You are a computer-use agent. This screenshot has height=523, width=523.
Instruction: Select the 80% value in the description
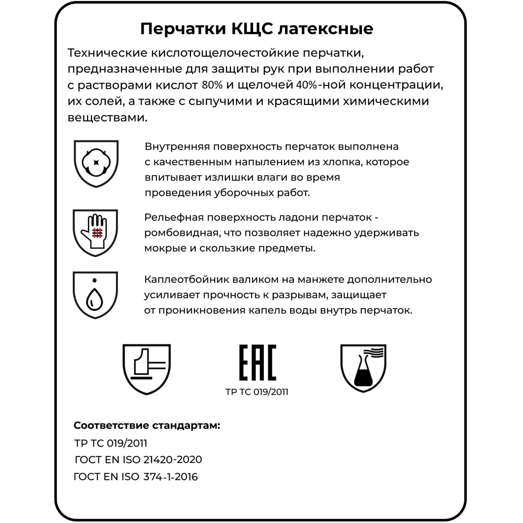(212, 85)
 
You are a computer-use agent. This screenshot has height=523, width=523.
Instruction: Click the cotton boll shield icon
(96, 163)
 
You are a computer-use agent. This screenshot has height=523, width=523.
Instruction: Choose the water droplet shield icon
(95, 295)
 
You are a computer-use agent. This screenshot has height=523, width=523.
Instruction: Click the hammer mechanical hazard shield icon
(147, 369)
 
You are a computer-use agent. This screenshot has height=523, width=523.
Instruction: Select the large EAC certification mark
(257, 363)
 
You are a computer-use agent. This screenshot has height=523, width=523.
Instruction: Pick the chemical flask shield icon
(363, 368)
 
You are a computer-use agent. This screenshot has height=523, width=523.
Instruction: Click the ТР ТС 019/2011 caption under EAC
(257, 392)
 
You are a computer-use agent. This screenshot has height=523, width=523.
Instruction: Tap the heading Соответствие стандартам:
(147, 425)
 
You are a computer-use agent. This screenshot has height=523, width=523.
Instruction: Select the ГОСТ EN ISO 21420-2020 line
(138, 460)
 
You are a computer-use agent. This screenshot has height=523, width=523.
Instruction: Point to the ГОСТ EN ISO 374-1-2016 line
(136, 477)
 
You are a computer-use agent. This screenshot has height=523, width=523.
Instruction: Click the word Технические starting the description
(107, 53)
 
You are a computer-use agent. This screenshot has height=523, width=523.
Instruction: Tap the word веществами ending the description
(107, 118)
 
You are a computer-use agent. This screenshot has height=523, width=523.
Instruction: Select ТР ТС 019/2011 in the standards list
(111, 443)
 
